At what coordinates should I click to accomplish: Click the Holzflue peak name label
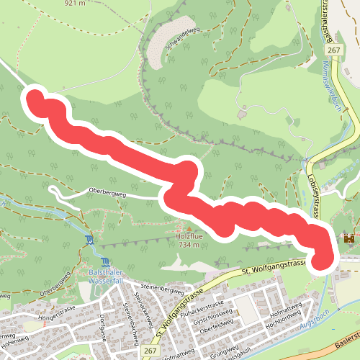click(189, 235)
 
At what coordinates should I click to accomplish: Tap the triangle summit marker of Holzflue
click(189, 226)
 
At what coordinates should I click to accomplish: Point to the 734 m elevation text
click(189, 245)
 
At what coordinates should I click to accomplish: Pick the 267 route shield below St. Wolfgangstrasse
click(150, 350)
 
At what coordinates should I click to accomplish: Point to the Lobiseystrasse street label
click(315, 189)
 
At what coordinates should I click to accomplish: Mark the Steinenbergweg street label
click(162, 288)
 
